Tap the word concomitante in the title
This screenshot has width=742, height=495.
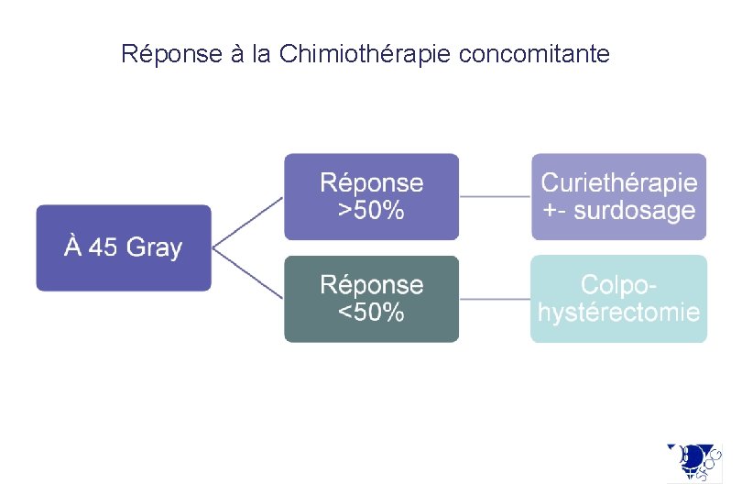534,54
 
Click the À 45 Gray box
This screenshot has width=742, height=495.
124,247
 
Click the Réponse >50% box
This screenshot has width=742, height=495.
371,196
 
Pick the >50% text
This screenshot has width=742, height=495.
371,210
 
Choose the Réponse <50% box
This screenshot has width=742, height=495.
371,299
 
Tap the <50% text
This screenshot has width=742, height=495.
371,313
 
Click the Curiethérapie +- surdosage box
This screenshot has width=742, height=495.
618,196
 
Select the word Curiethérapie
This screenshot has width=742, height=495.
618,183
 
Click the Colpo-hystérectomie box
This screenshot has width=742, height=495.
618,299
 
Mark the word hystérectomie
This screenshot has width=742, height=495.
618,313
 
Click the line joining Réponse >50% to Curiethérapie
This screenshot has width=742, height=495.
495,196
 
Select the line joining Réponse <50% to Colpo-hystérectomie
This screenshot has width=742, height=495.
495,299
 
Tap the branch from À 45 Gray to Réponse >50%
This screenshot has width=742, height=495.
247,222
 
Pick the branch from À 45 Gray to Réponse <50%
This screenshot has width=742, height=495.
247,273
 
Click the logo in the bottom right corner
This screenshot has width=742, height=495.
693,462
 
